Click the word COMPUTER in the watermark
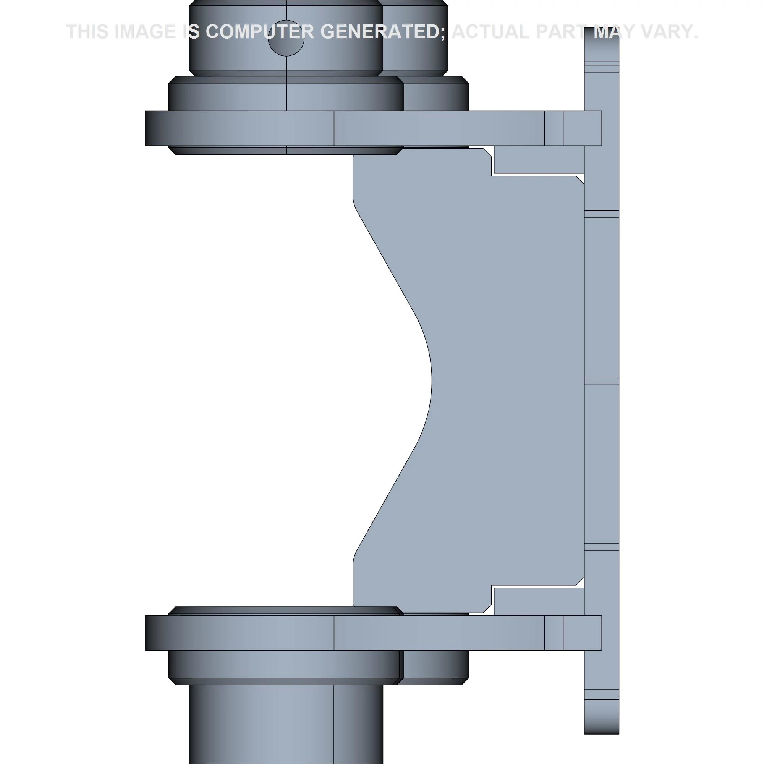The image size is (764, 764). click(260, 32)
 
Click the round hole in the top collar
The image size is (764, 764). click(286, 38)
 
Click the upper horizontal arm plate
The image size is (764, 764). click(373, 128)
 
